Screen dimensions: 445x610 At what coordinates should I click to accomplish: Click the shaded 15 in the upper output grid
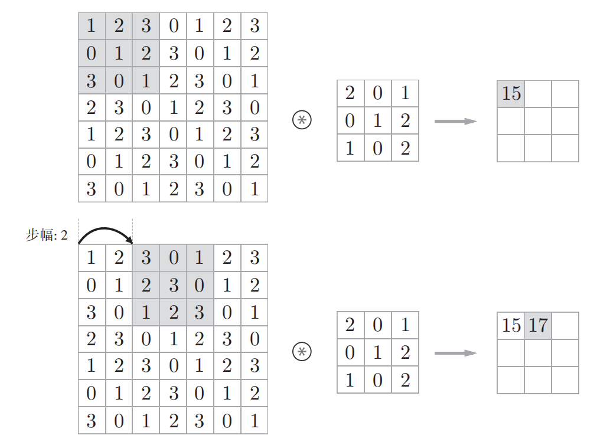[x=511, y=93]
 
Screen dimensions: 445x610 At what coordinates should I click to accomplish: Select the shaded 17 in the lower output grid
[x=538, y=325]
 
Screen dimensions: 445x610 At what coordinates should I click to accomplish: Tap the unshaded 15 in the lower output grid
[x=511, y=325]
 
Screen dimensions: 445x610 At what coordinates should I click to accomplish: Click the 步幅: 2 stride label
[x=47, y=236]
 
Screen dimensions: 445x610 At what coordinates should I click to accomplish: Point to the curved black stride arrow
[x=105, y=231]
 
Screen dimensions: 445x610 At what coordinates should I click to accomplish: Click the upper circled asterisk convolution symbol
[x=302, y=120]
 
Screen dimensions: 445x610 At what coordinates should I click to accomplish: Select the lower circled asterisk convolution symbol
[x=302, y=352]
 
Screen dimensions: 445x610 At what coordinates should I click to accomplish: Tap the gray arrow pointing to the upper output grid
[x=455, y=121]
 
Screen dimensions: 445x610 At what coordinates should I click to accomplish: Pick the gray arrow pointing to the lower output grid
[x=455, y=353]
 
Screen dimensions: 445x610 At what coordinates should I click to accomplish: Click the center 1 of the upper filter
[x=378, y=120]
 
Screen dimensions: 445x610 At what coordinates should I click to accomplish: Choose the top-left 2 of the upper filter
[x=350, y=93]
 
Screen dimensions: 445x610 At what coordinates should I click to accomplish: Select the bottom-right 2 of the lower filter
[x=405, y=379]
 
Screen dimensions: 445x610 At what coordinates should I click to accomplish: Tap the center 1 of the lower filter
[x=378, y=352]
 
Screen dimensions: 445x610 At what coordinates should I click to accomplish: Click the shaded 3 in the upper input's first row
[x=146, y=26]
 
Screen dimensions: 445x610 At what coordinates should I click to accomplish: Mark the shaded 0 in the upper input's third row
[x=119, y=80]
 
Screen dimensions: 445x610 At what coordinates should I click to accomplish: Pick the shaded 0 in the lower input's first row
[x=173, y=258]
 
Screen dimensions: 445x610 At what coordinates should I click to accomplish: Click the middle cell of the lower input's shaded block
[x=173, y=285]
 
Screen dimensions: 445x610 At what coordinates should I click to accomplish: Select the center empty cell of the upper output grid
[x=538, y=120]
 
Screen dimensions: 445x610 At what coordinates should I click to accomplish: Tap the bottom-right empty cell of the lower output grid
[x=565, y=379]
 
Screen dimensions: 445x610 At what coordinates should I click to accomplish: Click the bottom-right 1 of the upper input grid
[x=255, y=189]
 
